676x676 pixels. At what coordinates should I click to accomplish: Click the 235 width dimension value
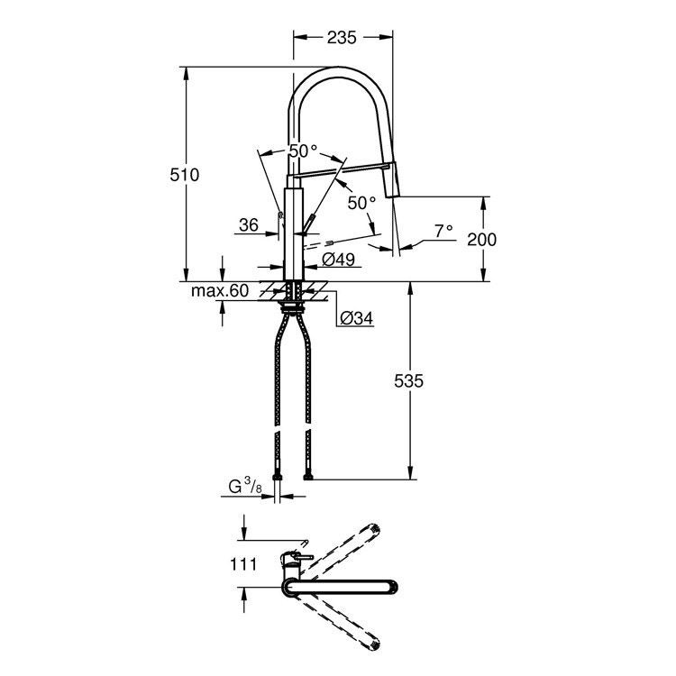click(343, 37)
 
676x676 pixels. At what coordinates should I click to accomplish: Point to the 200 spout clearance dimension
click(482, 239)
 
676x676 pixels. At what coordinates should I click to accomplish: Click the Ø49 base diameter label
click(339, 260)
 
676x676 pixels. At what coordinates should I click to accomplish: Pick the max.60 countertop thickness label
click(219, 290)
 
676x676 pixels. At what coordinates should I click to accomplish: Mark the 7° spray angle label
click(443, 231)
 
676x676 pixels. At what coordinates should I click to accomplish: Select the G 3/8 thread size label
click(244, 489)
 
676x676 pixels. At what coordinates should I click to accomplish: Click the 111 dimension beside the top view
click(243, 564)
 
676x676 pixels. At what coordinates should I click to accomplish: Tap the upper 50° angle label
click(303, 151)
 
